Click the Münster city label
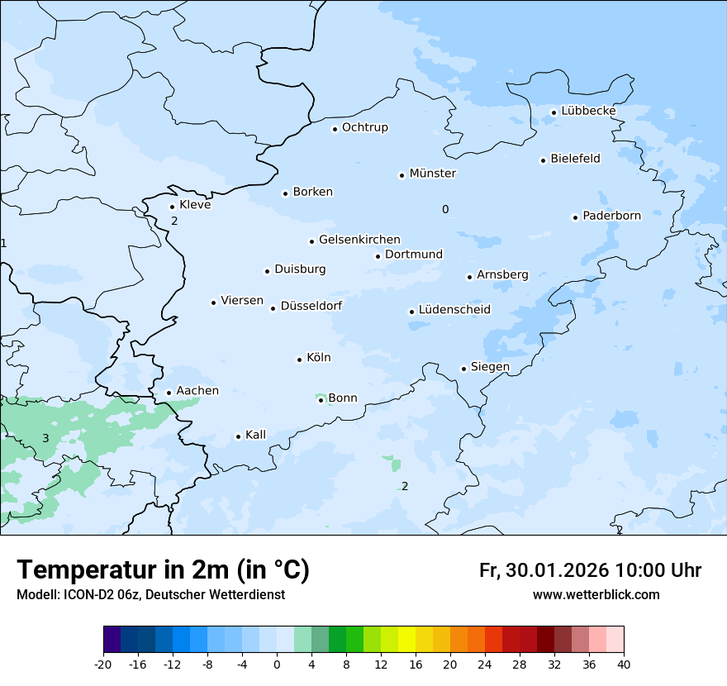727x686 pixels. [x=432, y=174]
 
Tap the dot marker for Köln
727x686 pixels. [x=299, y=360]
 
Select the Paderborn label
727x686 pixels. [x=611, y=216]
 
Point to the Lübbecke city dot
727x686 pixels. [x=554, y=112]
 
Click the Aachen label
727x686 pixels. [x=197, y=391]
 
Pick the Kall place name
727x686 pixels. [x=255, y=435]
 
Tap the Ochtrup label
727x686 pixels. [x=364, y=127]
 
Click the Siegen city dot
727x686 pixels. [x=464, y=369]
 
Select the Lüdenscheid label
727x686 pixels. [x=454, y=310]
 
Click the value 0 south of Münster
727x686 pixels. [x=445, y=210]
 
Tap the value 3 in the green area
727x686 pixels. [x=45, y=438]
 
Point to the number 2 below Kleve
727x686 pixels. [x=174, y=221]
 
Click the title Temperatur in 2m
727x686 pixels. [x=163, y=569]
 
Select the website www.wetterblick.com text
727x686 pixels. [x=596, y=594]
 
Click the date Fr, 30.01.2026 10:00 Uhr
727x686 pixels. [x=590, y=570]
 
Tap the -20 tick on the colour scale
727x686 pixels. [x=103, y=664]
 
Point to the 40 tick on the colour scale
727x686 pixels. [x=623, y=664]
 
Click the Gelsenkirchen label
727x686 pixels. [x=359, y=240]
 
